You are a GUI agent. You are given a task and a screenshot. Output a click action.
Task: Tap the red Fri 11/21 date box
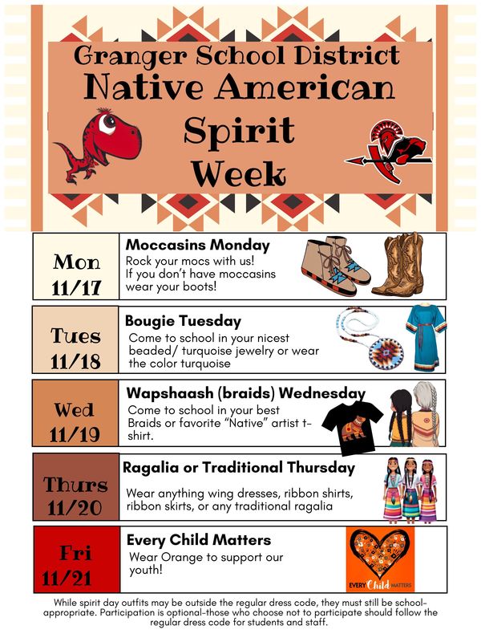(x=76, y=559)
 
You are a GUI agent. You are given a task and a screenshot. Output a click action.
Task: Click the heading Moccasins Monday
(x=197, y=245)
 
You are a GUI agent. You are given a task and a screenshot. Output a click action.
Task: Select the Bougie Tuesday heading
(x=184, y=320)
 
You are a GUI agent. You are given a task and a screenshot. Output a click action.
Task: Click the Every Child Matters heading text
(x=199, y=539)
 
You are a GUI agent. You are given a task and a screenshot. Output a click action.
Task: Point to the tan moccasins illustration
(x=333, y=266)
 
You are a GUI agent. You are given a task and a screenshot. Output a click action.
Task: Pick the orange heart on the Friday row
(x=380, y=556)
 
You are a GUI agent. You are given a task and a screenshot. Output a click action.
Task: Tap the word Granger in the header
(x=129, y=55)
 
